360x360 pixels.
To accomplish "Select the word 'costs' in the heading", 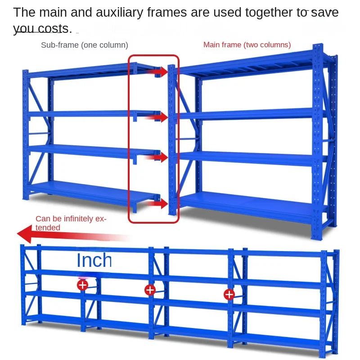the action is (x=53, y=29).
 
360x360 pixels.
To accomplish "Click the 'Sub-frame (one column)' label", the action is (x=85, y=45).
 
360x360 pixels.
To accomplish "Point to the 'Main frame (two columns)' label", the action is (x=247, y=45).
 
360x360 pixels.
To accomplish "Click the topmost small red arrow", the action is (x=158, y=72).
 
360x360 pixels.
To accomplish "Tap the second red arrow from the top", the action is (x=158, y=117).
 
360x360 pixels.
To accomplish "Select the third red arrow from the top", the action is (x=157, y=157).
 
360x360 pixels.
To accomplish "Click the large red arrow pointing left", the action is (x=73, y=234).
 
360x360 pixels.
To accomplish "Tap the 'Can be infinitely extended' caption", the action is (x=71, y=223).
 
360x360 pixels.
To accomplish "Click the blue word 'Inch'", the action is (x=94, y=260).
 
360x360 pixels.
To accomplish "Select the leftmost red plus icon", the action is (x=83, y=285).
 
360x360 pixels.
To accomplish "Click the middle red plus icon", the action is (x=150, y=290).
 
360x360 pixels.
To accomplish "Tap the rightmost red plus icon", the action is (x=229, y=294).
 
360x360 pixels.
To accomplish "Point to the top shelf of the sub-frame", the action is (x=92, y=70).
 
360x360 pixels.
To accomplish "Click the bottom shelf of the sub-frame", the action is (x=92, y=192).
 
